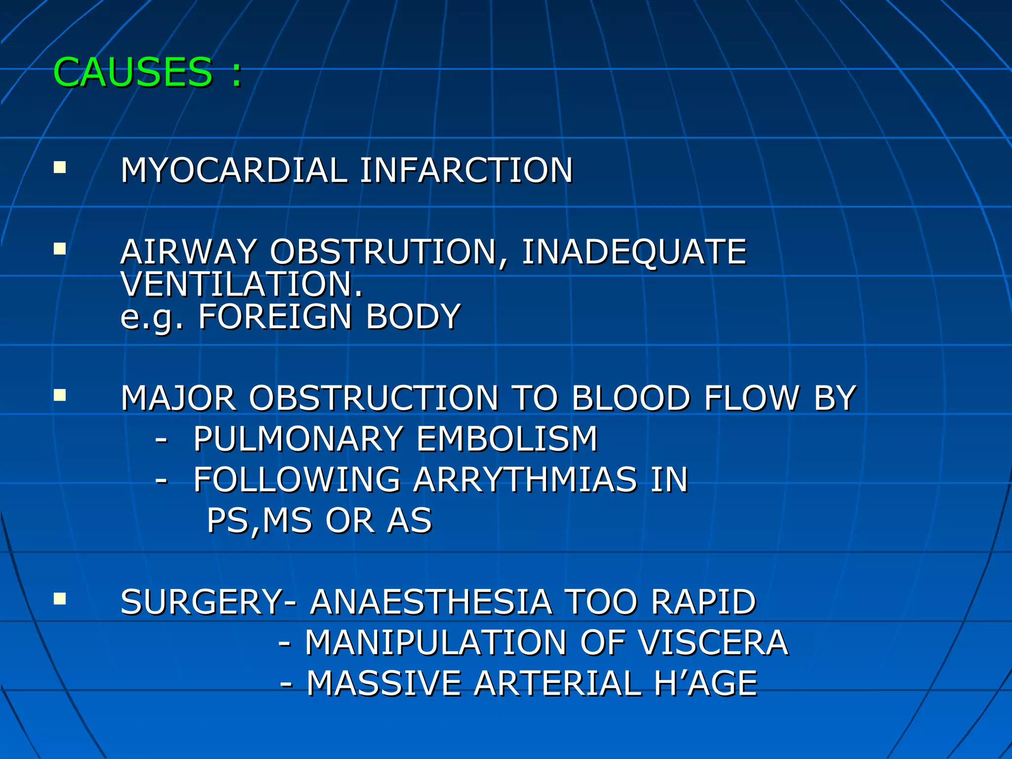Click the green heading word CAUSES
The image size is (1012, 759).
pos(132,73)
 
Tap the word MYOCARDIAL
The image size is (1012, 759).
pos(234,170)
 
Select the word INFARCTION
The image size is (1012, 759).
pos(466,170)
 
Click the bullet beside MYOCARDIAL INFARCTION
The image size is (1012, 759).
pos(60,168)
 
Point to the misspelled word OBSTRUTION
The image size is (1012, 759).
pos(383,252)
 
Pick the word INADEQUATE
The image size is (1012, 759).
pos(634,252)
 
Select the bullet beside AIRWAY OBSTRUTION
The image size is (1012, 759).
pos(60,249)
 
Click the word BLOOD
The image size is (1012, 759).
pos(631,398)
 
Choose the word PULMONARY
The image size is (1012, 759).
pos(298,439)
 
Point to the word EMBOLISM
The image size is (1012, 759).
pos(507,439)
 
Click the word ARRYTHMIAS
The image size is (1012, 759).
pos(525,480)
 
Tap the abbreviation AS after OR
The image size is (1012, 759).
pos(410,521)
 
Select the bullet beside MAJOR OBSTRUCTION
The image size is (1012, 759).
pos(60,395)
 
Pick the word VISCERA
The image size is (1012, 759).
pos(713,643)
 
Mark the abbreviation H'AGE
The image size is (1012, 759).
pos(706,684)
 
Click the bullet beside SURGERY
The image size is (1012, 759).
pos(60,599)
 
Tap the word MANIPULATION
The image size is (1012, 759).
pos(436,643)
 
